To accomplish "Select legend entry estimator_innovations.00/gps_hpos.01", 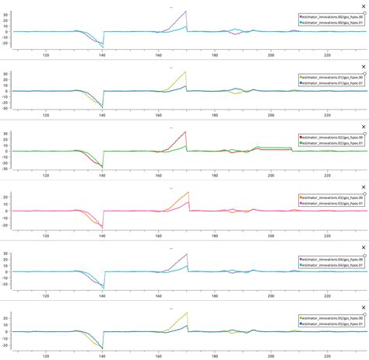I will (332, 23).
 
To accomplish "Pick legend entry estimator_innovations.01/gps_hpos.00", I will (332, 77).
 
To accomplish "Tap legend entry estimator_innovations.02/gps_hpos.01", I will (332, 143).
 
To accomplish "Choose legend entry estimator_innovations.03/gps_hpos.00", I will (332, 197).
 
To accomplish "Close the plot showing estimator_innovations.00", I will (363, 6).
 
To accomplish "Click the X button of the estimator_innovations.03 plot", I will (363, 187).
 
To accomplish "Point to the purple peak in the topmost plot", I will (185, 12).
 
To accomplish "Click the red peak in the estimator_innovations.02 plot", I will (185, 132).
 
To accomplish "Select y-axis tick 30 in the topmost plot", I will (5, 13).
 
